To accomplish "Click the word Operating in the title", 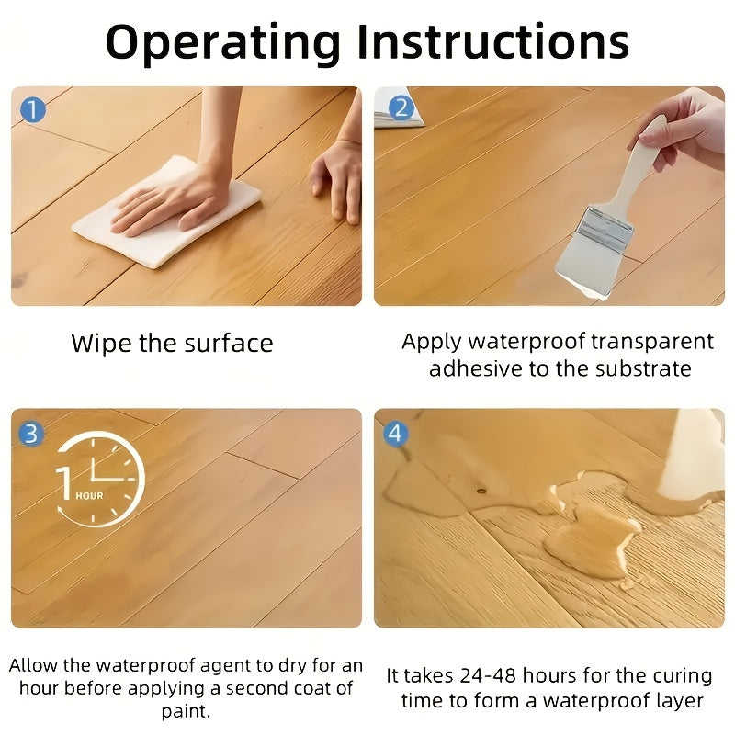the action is pyautogui.click(x=223, y=44).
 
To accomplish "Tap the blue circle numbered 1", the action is pyautogui.click(x=33, y=110).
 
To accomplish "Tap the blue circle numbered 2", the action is pyautogui.click(x=401, y=108).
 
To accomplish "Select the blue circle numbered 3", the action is pyautogui.click(x=31, y=433).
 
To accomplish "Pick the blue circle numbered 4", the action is pyautogui.click(x=396, y=434).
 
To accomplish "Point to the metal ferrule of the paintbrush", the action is pyautogui.click(x=605, y=229).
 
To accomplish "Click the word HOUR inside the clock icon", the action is pyautogui.click(x=89, y=496).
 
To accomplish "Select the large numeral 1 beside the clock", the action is pyautogui.click(x=64, y=483).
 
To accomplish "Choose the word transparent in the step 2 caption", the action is pyautogui.click(x=652, y=342).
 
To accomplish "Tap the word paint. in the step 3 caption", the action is pyautogui.click(x=186, y=711).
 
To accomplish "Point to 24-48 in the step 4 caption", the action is pyautogui.click(x=488, y=676).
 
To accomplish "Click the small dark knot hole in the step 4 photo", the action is pyautogui.click(x=481, y=491).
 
